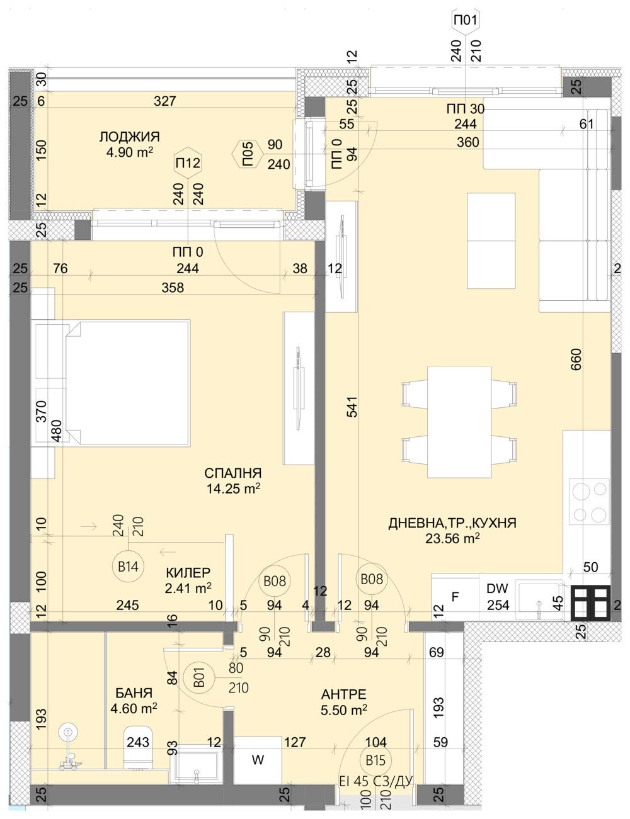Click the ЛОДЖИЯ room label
point(129,137)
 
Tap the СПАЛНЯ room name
point(232,473)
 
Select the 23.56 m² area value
point(452,538)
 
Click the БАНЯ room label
point(134,693)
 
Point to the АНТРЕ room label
point(344,694)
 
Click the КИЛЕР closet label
point(188,573)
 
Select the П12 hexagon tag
point(188,164)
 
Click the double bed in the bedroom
point(126,383)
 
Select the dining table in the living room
point(459,422)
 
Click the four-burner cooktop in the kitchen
point(589,501)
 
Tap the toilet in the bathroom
point(137,747)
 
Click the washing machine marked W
point(258,760)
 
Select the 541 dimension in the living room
point(351,409)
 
